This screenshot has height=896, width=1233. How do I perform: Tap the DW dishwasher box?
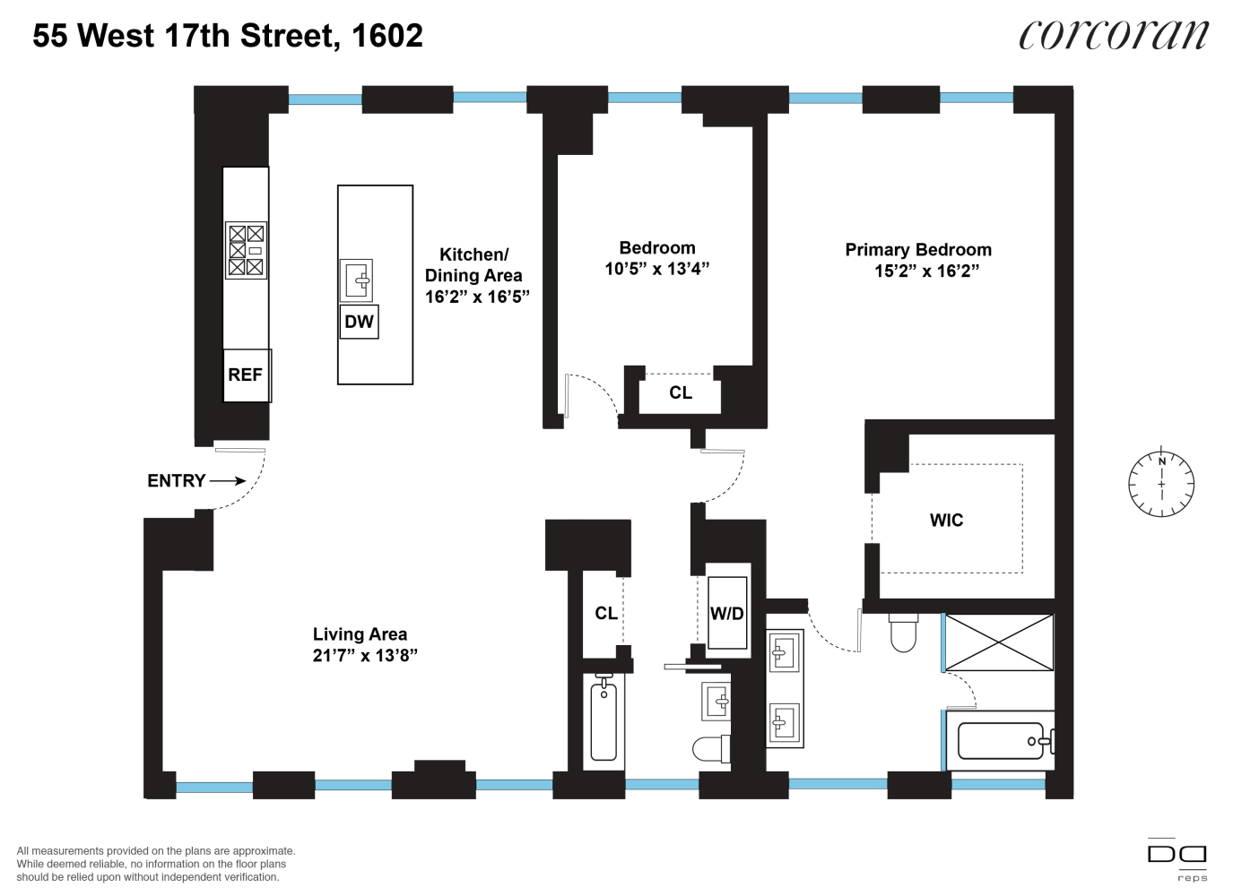tap(359, 322)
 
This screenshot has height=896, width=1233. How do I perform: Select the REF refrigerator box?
tap(246, 375)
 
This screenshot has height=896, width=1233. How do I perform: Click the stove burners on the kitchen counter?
tap(246, 251)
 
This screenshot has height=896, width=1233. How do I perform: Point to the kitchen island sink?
tap(356, 280)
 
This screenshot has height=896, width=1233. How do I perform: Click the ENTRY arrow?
tap(228, 481)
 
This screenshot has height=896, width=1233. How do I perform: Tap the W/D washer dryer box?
tap(727, 613)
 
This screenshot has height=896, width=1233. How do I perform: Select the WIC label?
tap(946, 521)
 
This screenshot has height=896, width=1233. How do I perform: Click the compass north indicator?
tap(1161, 461)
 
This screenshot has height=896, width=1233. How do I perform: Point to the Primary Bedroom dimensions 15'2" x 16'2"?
tap(926, 271)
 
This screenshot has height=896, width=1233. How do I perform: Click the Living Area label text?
tap(360, 634)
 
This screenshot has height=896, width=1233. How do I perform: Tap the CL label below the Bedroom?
tap(681, 392)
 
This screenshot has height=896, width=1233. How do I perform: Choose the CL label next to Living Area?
tap(606, 614)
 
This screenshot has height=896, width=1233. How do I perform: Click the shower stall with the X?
tap(999, 642)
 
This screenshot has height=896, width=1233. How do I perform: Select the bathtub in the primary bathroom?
tap(1001, 741)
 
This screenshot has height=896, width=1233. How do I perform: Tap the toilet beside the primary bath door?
tap(903, 633)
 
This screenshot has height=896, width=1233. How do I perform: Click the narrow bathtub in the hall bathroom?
tap(603, 719)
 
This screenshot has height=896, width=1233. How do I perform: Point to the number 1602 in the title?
tap(387, 36)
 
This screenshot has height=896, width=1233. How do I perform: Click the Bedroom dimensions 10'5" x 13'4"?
tap(657, 269)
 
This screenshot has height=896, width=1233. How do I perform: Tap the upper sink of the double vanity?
tap(785, 653)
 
